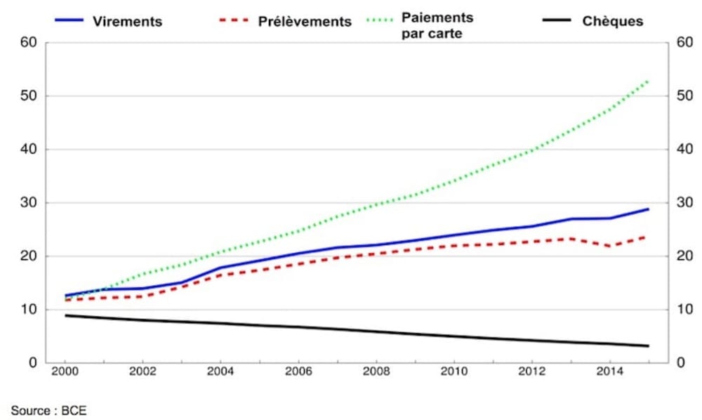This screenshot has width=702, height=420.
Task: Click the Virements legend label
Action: click(127, 21)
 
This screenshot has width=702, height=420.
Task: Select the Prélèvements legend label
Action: click(304, 22)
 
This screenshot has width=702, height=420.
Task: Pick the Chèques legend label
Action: click(612, 21)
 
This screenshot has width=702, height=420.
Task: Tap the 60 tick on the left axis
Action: click(29, 43)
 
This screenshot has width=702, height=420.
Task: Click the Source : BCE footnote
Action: click(48, 410)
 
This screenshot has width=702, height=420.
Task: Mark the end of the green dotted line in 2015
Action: click(648, 81)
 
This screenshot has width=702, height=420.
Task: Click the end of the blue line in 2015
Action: click(648, 209)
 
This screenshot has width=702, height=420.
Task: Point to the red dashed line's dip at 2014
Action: click(609, 246)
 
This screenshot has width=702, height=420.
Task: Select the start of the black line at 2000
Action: click(65, 315)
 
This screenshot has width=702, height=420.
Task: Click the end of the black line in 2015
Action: click(648, 346)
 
